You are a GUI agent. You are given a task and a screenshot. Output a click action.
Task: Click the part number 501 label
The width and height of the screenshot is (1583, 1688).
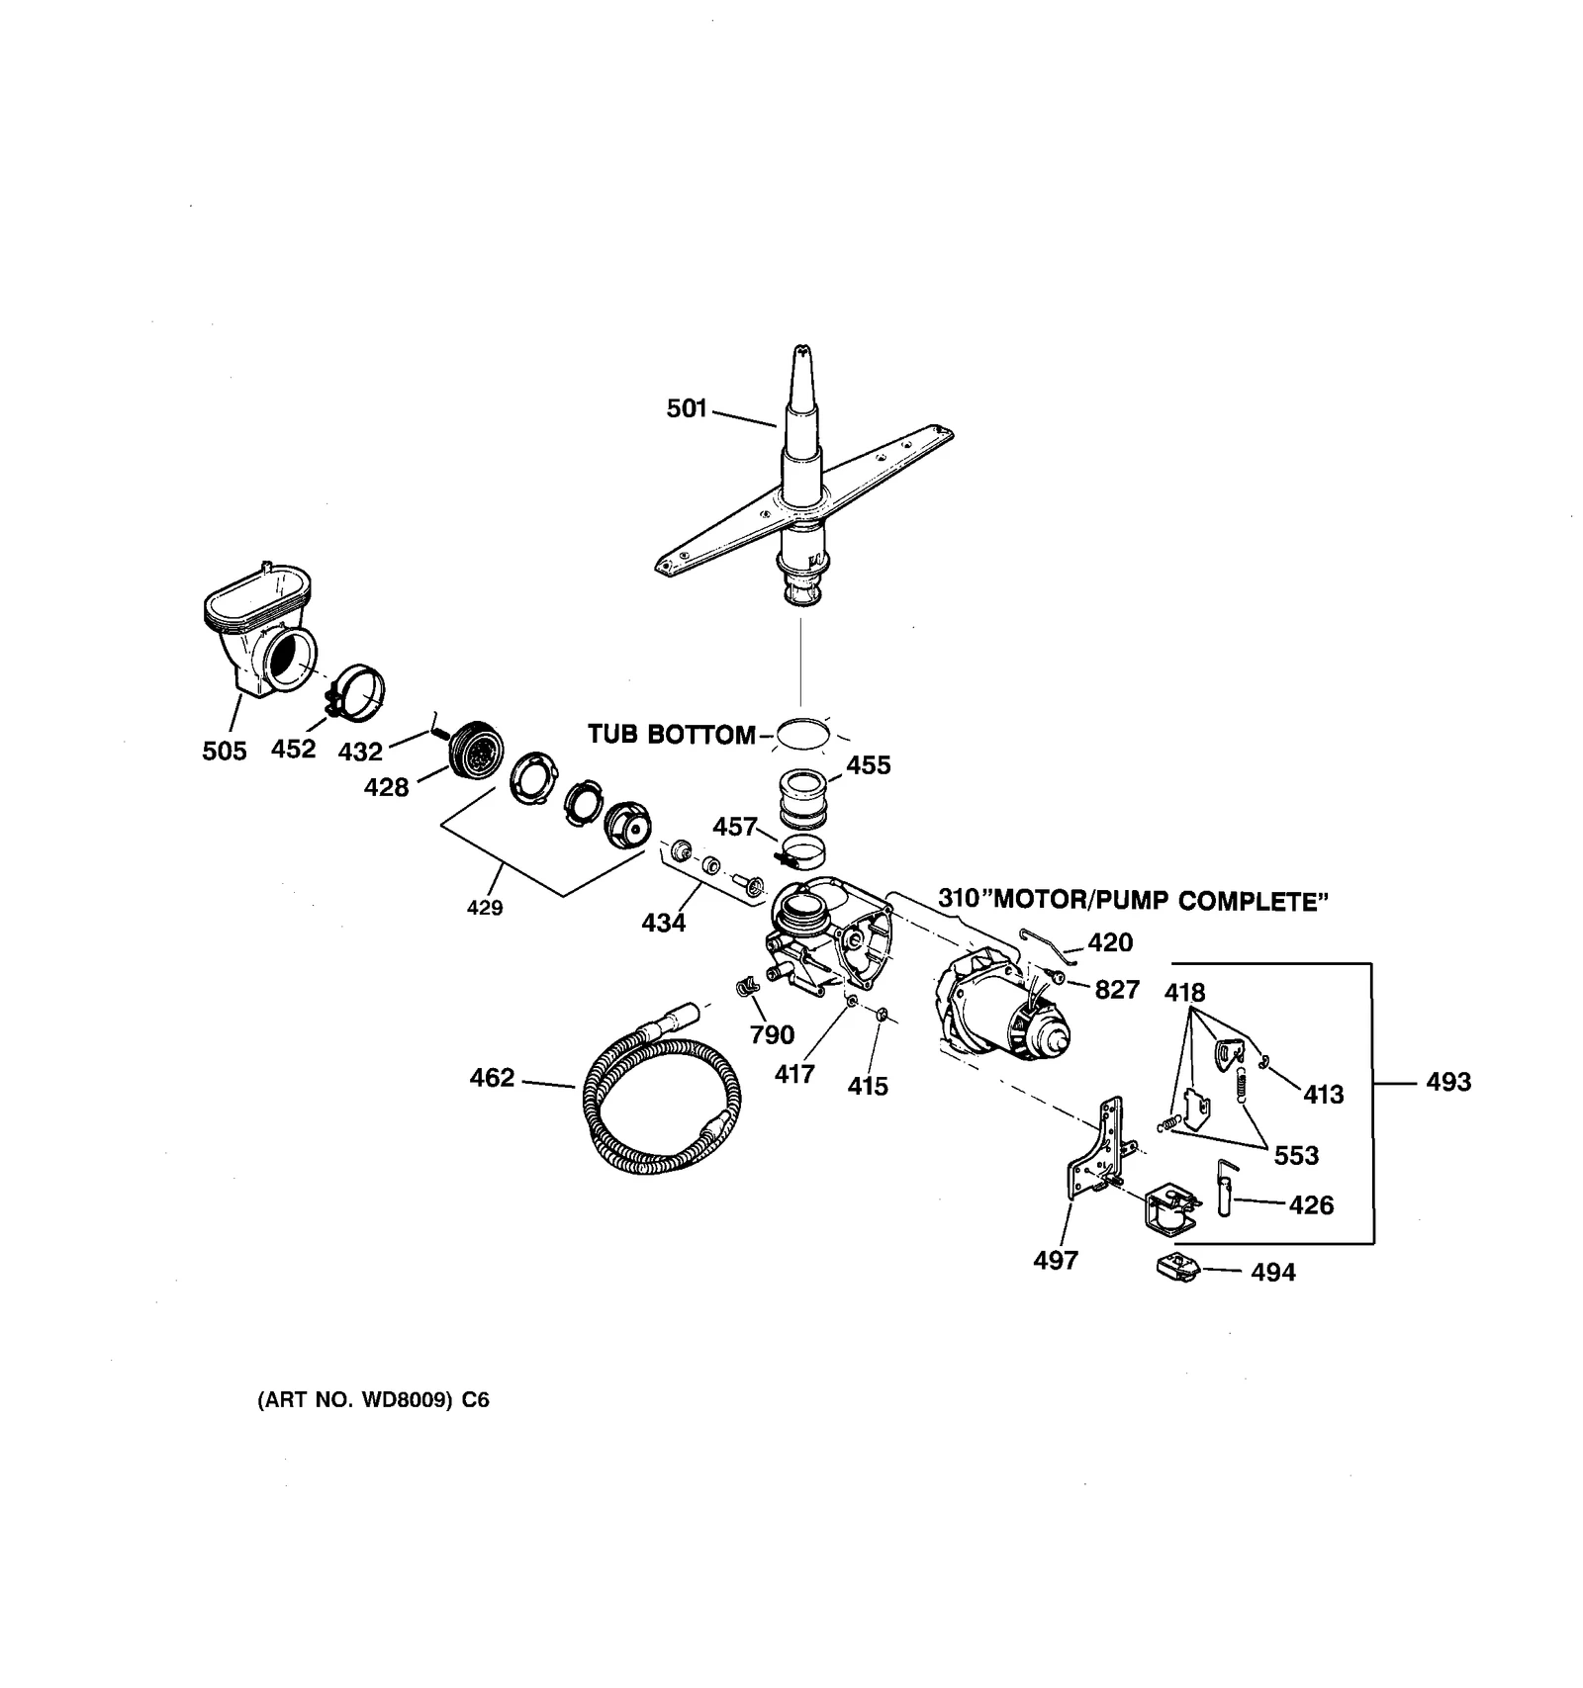click(687, 407)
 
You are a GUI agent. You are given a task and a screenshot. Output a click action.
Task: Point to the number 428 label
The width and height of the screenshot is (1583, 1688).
click(386, 787)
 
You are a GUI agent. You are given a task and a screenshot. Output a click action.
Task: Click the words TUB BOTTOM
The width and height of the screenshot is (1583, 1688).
click(671, 735)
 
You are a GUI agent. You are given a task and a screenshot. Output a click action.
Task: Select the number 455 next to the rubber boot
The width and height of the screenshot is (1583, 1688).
click(869, 764)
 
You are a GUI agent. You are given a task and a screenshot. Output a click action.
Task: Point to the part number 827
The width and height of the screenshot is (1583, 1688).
click(1117, 989)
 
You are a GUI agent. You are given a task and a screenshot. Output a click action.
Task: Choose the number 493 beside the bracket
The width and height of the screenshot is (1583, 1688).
click(1448, 1082)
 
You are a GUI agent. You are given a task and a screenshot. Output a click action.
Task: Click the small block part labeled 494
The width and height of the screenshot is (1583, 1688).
click(1176, 1267)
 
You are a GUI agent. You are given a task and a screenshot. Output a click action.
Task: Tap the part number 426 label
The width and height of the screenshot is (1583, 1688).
click(1311, 1204)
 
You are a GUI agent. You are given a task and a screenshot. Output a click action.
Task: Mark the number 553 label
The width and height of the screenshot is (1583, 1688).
click(1296, 1155)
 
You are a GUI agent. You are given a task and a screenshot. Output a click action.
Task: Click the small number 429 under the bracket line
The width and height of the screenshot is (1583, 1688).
click(485, 908)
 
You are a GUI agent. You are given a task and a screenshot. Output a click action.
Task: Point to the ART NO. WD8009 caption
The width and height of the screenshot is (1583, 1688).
click(373, 1400)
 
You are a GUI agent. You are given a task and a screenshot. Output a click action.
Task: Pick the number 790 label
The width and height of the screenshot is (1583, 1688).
click(772, 1034)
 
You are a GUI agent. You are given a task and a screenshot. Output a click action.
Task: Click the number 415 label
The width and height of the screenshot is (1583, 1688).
click(868, 1086)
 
